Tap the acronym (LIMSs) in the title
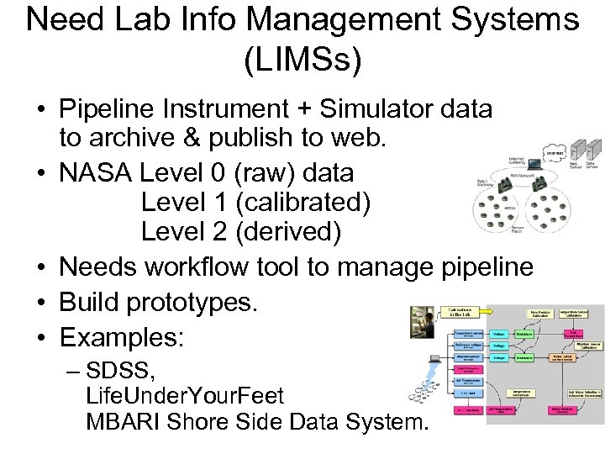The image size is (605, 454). tap(302, 61)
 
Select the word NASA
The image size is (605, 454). tap(94, 173)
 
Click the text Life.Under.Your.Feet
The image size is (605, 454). tap(185, 395)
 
